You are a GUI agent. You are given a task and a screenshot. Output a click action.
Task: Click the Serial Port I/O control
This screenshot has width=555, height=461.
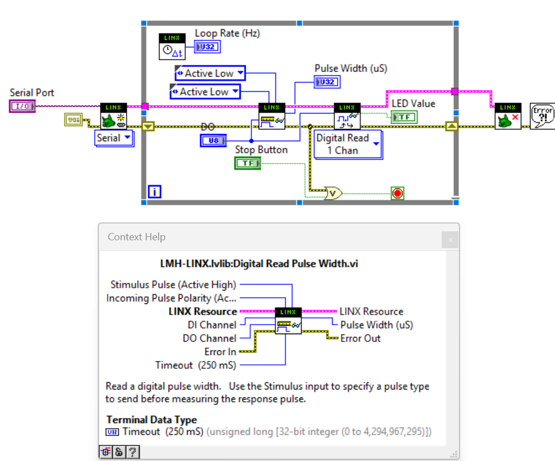22,106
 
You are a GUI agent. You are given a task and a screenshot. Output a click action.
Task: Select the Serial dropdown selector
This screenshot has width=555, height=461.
114,138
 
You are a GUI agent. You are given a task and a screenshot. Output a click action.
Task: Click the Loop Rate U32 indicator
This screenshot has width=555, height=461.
207,47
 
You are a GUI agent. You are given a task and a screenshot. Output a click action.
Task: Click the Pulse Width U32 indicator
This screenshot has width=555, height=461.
327,82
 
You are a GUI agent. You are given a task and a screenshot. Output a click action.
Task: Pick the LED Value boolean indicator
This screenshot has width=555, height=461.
404,117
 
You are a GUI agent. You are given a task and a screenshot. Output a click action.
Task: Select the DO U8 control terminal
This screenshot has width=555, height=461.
213,141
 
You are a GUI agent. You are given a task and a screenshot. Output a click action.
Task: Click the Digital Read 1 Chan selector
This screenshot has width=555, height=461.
348,145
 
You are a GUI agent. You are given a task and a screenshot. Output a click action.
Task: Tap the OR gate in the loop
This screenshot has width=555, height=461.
334,193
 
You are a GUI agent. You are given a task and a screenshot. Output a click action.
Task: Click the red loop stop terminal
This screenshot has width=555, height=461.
398,193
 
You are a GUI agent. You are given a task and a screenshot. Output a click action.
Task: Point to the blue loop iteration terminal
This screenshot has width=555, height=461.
155,192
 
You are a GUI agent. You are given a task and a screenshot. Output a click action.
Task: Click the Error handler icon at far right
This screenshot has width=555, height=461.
542,116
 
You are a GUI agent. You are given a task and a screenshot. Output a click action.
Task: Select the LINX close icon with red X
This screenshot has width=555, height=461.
508,116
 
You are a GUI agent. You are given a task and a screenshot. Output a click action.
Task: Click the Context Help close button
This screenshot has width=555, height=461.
449,240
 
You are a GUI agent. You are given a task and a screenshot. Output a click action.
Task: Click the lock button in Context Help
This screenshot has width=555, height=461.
119,452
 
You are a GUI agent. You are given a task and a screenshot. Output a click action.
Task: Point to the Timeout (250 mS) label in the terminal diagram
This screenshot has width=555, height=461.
197,365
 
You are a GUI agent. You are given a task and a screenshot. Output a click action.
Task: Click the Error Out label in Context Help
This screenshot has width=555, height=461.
360,338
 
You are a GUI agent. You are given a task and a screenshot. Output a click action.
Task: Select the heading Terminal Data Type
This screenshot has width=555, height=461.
151,420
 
